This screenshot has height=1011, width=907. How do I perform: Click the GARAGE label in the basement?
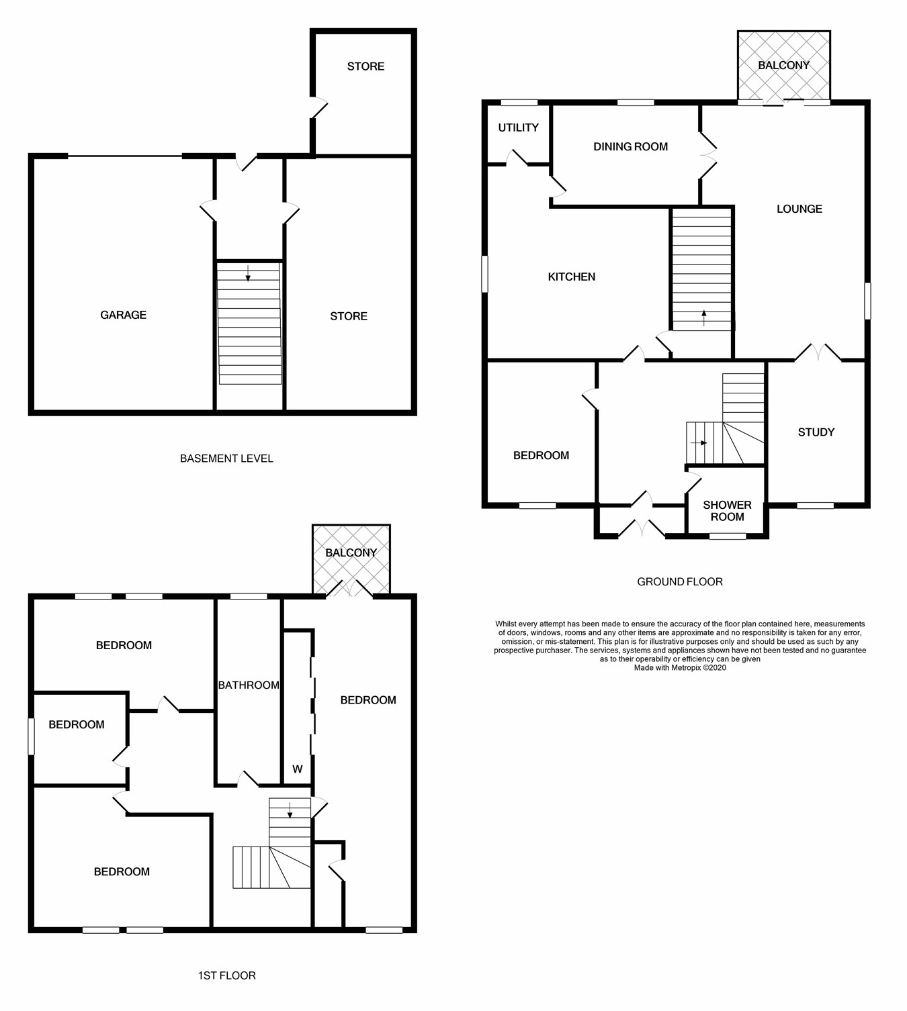point(123,315)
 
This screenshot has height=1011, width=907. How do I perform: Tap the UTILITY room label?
point(518,128)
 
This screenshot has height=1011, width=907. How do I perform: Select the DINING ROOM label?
point(630,146)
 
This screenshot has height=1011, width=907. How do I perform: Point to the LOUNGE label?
point(799,209)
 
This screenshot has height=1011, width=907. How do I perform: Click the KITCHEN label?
point(571,277)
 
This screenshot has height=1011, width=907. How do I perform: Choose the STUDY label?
point(816,432)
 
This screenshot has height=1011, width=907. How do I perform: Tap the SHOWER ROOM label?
point(727,511)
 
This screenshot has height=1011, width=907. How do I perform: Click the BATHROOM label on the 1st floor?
point(248,685)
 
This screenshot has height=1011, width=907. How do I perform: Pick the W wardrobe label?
point(297,769)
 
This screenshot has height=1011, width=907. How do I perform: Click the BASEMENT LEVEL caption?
point(226,459)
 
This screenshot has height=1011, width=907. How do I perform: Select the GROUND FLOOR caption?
point(679,582)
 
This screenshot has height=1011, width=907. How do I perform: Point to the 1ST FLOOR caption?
point(226,975)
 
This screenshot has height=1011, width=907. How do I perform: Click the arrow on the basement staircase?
point(248,273)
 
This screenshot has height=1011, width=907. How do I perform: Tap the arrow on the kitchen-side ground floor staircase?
point(703,318)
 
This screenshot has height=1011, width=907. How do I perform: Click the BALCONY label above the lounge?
point(783,65)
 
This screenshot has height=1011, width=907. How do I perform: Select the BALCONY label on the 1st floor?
point(351,552)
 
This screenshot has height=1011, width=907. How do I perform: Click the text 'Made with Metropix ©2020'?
point(679,668)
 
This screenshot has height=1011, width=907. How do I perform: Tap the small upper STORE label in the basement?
point(365,66)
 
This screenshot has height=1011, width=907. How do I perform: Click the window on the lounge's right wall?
point(867,301)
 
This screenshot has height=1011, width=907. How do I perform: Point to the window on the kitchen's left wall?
point(485,274)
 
